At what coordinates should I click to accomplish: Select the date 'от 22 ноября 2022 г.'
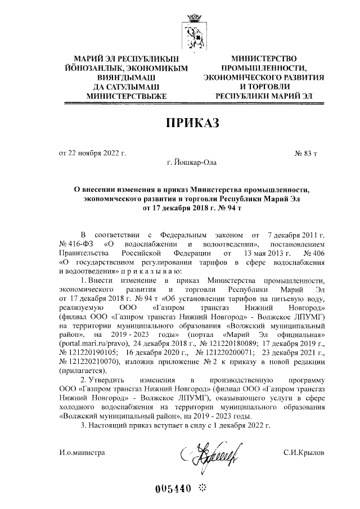[92, 153]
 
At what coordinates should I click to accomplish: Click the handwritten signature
[210, 452]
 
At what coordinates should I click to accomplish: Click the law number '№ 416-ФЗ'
[76, 244]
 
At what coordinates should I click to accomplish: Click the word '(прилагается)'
[83, 370]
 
